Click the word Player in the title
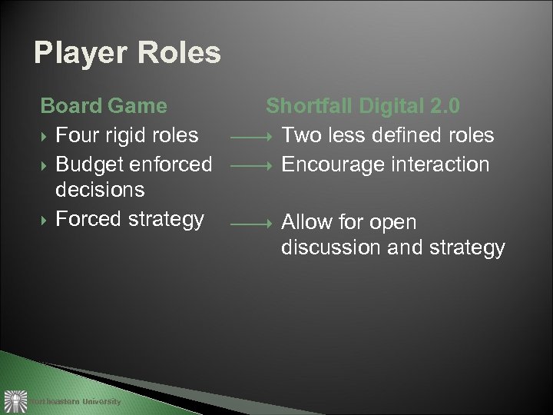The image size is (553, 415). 78,53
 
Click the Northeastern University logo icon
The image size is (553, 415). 13,400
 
